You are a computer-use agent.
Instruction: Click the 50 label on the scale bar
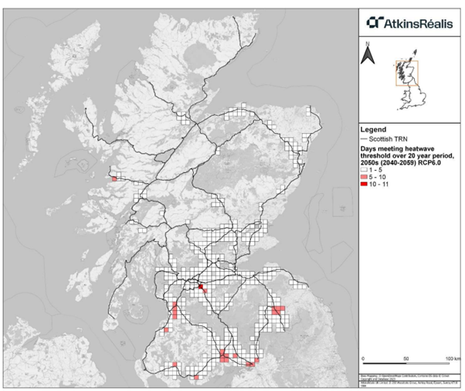click(x=406, y=361)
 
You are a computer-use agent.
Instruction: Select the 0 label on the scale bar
click(x=363, y=361)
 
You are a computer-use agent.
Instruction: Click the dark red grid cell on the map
click(x=200, y=287)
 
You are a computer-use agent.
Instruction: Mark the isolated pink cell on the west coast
click(x=114, y=178)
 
